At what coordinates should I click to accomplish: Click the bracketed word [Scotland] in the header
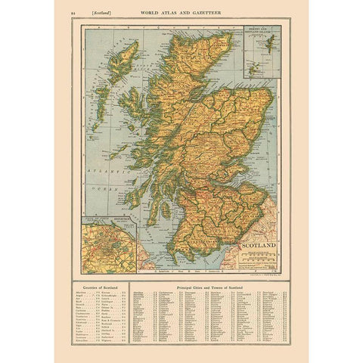pos(94,14)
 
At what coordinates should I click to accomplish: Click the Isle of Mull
pos(136,162)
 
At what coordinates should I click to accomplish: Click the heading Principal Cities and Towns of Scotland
pos(215,289)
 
